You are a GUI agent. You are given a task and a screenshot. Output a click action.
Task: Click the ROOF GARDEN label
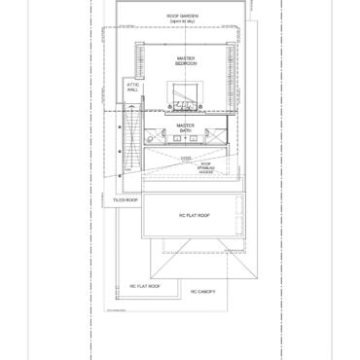(x=182, y=16)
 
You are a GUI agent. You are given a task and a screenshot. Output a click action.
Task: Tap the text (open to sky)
(x=182, y=20)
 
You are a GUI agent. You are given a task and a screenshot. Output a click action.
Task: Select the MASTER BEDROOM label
(x=186, y=61)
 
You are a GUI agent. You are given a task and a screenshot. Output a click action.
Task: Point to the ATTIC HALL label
(x=132, y=87)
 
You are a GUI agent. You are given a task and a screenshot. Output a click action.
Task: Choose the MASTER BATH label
(x=186, y=127)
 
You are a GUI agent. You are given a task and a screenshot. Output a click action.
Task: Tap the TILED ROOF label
(x=125, y=200)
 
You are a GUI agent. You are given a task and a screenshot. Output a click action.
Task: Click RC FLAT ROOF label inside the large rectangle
(x=195, y=215)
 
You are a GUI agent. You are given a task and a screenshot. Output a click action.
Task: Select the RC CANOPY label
(x=202, y=291)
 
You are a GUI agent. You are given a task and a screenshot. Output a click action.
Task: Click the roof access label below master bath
(x=206, y=165)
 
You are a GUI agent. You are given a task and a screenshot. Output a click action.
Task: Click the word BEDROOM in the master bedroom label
(x=186, y=64)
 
